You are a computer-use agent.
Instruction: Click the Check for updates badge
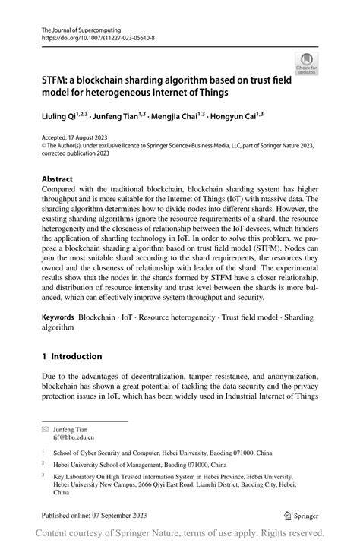click(307, 64)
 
